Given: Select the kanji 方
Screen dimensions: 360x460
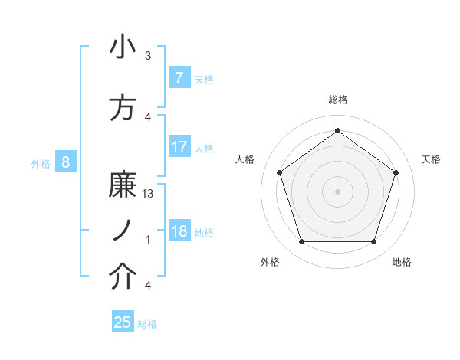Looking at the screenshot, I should [123, 109].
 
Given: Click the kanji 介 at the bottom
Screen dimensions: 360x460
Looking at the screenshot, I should [123, 278].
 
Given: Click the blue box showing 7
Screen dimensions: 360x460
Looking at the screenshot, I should [179, 78].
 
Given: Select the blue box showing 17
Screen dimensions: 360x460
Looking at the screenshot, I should [179, 147].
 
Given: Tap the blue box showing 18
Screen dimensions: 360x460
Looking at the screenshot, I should [179, 232].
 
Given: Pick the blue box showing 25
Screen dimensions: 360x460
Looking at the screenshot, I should [123, 322].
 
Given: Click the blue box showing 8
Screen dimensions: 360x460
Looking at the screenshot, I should [66, 162].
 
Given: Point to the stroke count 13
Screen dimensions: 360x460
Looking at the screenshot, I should [149, 193].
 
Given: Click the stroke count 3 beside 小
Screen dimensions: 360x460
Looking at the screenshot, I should [148, 56].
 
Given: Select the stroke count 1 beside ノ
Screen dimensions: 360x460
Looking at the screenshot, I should [148, 240].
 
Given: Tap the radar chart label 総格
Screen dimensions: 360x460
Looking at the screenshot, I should [337, 100].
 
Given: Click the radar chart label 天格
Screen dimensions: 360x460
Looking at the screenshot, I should [431, 159].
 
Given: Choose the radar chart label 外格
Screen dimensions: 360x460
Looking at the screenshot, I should [270, 262].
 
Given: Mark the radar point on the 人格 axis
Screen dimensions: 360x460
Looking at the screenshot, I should [279, 172].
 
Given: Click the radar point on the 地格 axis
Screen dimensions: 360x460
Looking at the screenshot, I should [373, 242].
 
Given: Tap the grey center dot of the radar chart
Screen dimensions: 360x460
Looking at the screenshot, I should [337, 191].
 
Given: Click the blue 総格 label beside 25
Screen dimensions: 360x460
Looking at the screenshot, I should [147, 324].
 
